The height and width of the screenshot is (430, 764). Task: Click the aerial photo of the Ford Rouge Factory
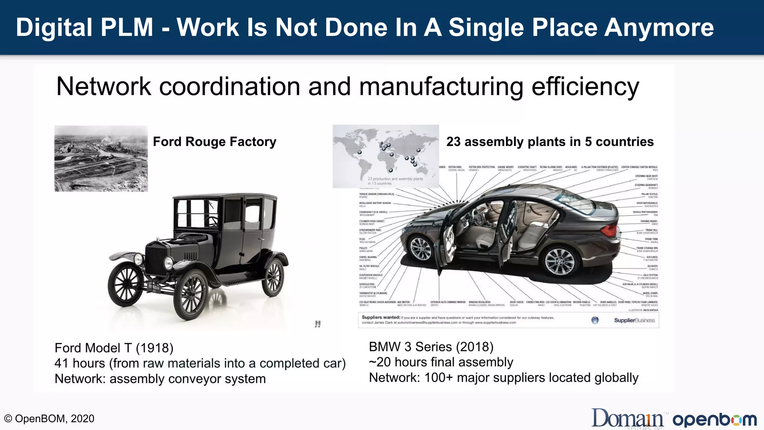[x=101, y=159]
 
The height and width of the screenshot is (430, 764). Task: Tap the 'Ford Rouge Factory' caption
[x=215, y=142]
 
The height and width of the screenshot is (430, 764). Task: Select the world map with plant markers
[x=386, y=156]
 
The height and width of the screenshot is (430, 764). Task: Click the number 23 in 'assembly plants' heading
[x=453, y=142]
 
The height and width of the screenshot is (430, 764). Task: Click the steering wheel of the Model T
[x=212, y=221]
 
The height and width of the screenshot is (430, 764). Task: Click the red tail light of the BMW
[x=610, y=230]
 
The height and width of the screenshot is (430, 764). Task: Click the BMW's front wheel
[x=420, y=248]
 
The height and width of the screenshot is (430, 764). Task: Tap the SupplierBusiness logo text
[x=634, y=320]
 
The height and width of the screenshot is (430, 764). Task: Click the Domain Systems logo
[x=628, y=419]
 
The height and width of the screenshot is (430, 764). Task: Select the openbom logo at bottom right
[x=714, y=420]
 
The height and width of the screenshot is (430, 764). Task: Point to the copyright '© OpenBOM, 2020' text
[x=49, y=419]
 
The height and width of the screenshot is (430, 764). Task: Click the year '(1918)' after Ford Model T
[x=154, y=348]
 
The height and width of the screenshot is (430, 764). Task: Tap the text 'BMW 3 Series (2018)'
[x=431, y=347]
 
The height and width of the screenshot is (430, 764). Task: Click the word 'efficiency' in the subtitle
[x=585, y=87]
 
